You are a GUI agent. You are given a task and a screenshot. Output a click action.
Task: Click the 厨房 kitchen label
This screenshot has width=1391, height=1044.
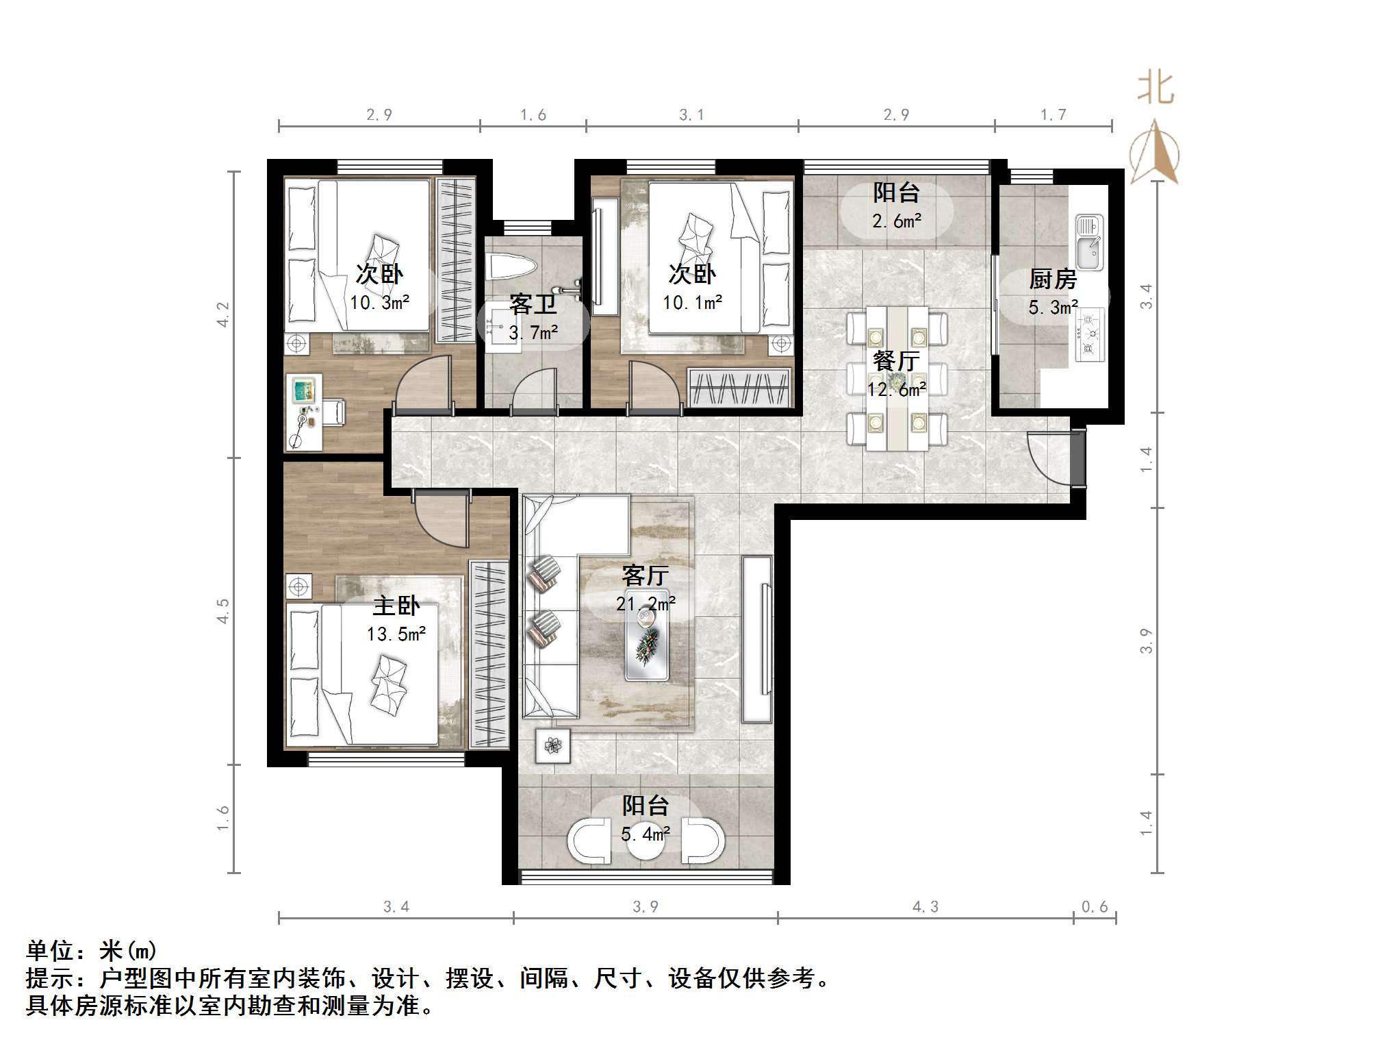1053,279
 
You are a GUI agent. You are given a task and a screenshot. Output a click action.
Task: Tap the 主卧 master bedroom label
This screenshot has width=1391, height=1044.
396,606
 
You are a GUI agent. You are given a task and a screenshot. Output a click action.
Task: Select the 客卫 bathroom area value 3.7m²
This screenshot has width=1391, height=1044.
533,333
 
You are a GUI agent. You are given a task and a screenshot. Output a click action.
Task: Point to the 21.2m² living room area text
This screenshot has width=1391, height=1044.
645,604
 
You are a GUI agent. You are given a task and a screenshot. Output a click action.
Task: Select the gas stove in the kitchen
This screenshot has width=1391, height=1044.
1090,334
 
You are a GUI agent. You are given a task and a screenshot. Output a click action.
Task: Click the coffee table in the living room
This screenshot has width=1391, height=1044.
646,634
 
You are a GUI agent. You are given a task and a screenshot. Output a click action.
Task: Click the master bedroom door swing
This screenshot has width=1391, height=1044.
442,520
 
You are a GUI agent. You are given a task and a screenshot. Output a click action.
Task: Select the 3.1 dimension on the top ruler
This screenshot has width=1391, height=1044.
691,115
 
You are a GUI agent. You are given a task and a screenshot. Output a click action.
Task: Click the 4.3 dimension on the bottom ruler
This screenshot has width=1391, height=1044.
926,907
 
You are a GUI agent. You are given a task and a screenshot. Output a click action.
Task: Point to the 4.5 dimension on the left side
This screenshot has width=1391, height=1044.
223,610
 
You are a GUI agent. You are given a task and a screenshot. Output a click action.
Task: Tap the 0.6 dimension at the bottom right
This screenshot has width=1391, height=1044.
1094,907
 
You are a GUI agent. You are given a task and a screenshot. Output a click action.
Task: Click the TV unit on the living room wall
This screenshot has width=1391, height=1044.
758,638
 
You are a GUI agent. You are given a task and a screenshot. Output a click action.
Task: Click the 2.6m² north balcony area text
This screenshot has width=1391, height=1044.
896,221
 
